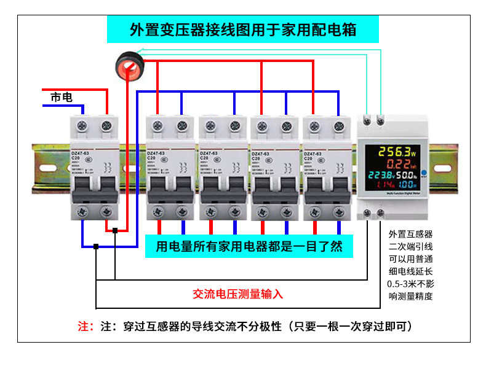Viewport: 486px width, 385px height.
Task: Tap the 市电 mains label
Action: (x=62, y=98)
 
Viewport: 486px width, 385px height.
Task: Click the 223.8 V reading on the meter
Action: (x=383, y=176)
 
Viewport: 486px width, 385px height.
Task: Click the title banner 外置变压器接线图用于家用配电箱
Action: (x=243, y=29)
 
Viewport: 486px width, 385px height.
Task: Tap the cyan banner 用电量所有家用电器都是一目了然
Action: (x=249, y=247)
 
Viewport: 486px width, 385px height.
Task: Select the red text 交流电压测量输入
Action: (x=237, y=294)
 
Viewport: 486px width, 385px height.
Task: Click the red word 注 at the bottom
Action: (x=83, y=326)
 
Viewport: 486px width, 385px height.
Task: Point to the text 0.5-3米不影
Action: (x=410, y=284)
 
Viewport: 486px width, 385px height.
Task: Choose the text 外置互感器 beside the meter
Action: (x=410, y=234)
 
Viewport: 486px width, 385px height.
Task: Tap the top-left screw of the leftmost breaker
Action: (x=83, y=126)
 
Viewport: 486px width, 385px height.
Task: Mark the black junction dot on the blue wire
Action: (x=96, y=247)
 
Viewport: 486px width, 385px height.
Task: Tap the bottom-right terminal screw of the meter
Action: (x=381, y=212)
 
